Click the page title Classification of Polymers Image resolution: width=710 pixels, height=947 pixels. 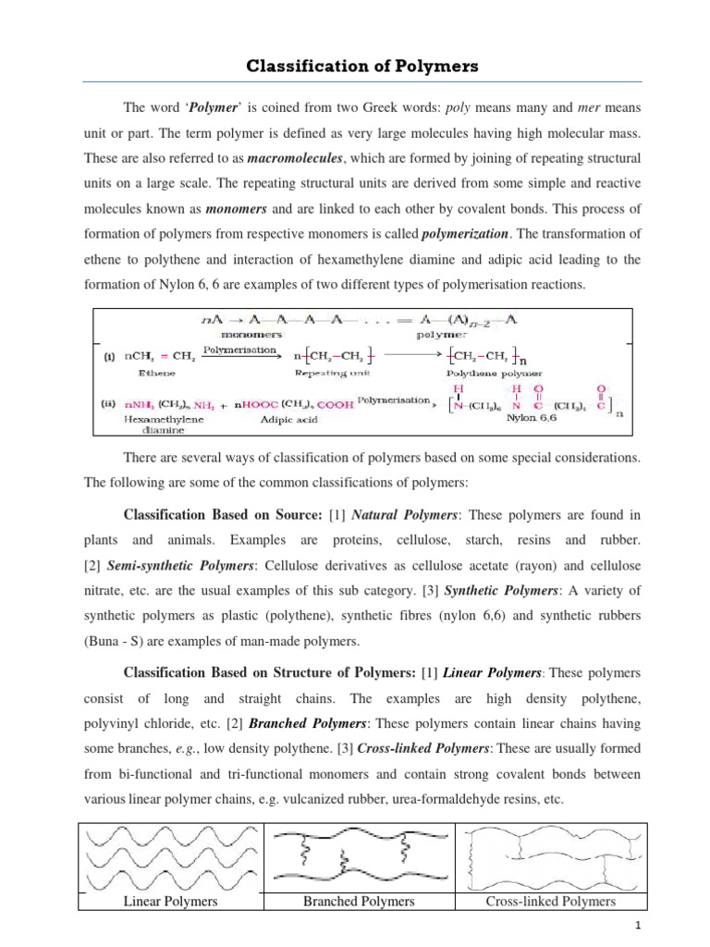355,68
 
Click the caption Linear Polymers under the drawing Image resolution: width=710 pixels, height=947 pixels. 171,901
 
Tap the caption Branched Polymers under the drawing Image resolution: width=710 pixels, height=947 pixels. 360,901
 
